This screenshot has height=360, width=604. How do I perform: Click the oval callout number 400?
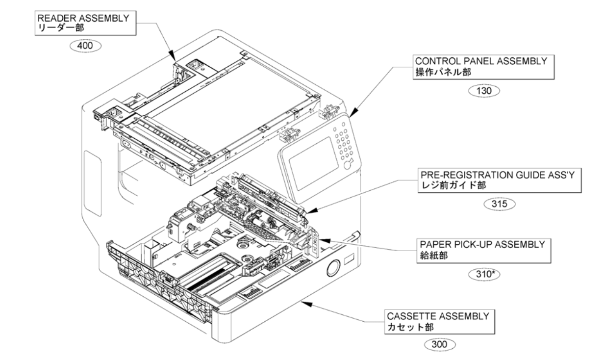pos(86,46)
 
